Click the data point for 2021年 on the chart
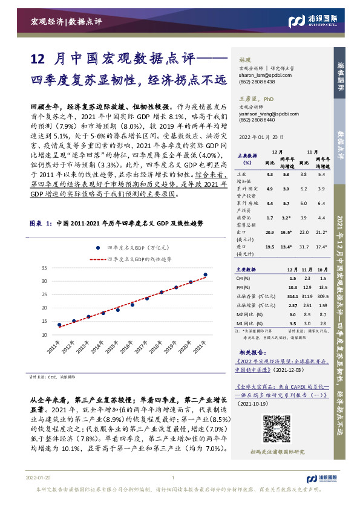205,274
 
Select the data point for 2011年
59,325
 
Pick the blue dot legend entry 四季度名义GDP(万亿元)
129,247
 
